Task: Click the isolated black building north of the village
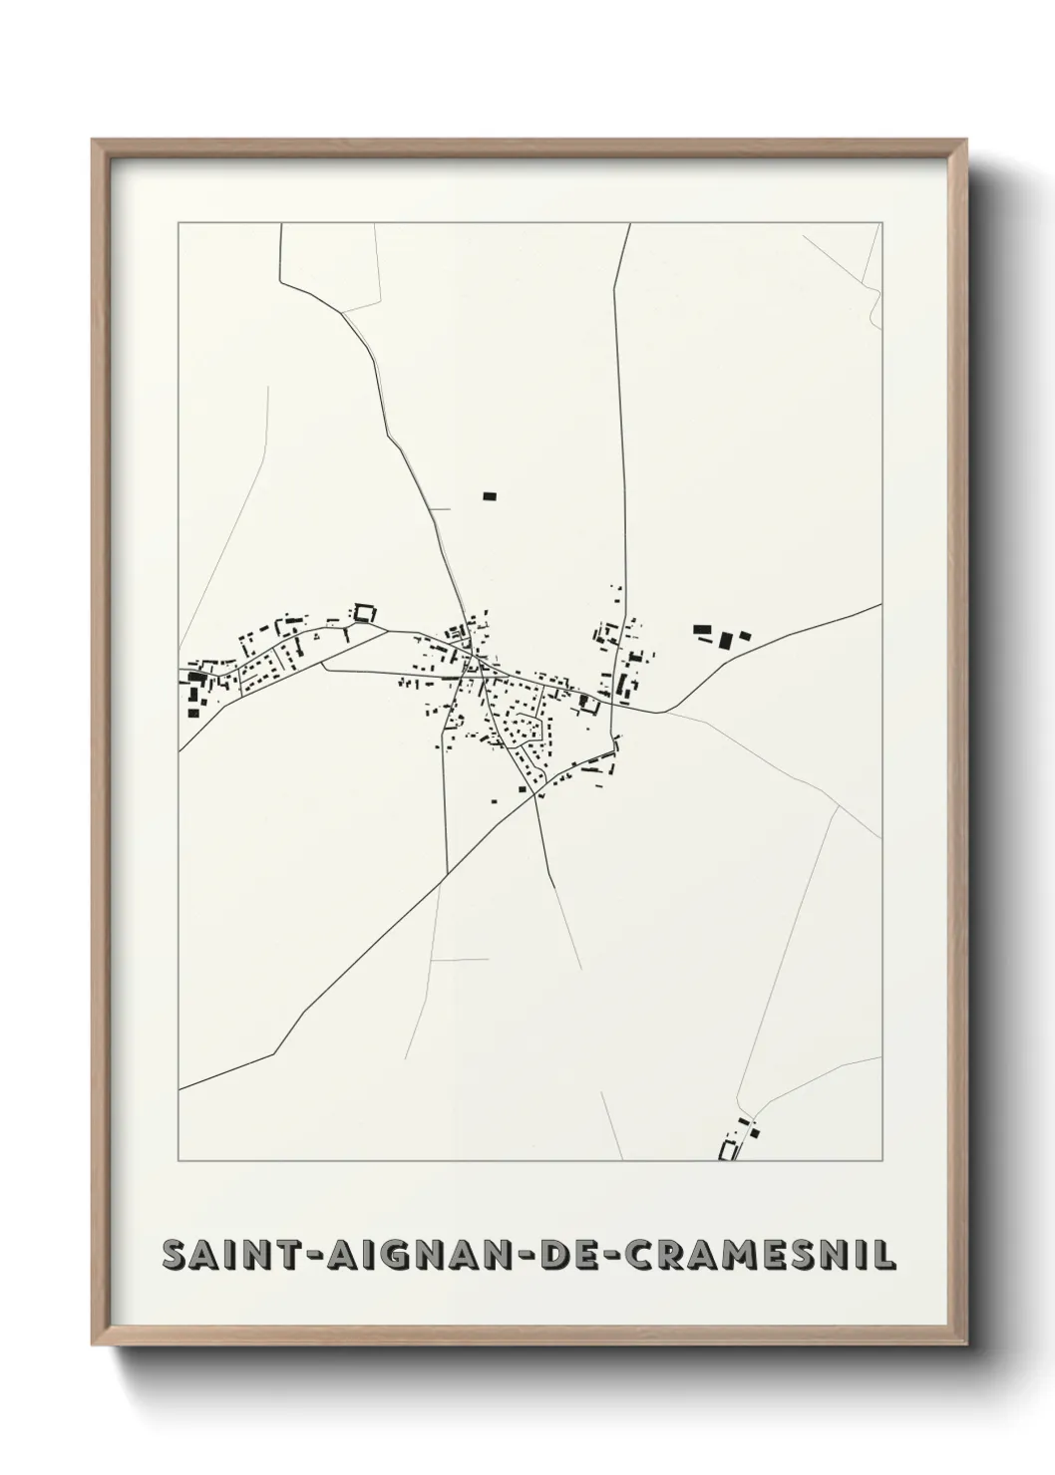(489, 495)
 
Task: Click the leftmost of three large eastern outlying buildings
(703, 629)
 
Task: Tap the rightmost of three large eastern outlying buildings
(743, 634)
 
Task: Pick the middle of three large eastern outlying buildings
(727, 638)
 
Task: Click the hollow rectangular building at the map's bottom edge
(729, 1150)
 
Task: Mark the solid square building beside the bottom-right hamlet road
(754, 1130)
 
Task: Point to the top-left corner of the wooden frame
(94, 141)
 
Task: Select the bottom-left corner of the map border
(178, 1161)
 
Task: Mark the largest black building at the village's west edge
(196, 679)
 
